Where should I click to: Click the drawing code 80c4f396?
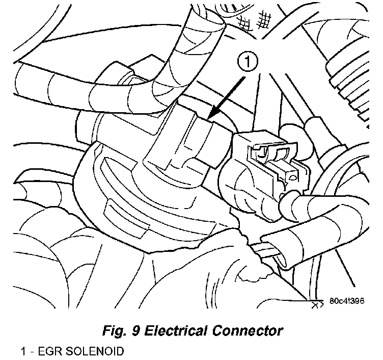coord(346,301)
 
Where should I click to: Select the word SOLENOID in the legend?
coord(92,352)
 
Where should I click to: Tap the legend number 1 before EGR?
coord(23,352)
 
